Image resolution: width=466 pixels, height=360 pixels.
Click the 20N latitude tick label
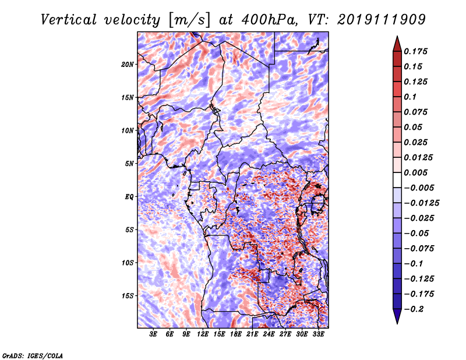coord(128,64)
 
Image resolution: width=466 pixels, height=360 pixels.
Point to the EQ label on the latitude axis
coord(129,197)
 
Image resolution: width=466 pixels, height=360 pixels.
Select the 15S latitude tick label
coord(128,296)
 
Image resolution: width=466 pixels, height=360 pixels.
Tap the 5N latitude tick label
coord(129,164)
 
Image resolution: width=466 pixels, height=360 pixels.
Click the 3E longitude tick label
coord(153,334)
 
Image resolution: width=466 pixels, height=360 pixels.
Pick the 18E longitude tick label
coord(236,334)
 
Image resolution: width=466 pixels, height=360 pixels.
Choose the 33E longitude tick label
coord(318,334)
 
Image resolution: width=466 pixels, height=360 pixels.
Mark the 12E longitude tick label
coord(203,334)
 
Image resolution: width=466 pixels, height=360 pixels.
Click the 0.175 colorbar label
coord(415,51)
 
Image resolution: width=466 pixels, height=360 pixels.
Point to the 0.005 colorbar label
coord(415,172)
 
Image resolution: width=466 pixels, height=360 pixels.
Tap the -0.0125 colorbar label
coord(421,203)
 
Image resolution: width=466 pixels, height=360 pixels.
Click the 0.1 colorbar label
coord(410,97)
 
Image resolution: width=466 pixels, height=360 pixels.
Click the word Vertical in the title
coord(69,20)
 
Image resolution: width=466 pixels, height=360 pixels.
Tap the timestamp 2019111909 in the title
coord(382,20)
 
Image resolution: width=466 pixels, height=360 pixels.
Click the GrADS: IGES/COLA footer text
coord(33,355)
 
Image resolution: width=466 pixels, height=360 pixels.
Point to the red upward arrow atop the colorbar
coord(397,44)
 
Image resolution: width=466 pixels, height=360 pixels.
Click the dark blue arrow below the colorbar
coord(397,316)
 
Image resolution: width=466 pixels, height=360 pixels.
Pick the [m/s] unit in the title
coord(190,20)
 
